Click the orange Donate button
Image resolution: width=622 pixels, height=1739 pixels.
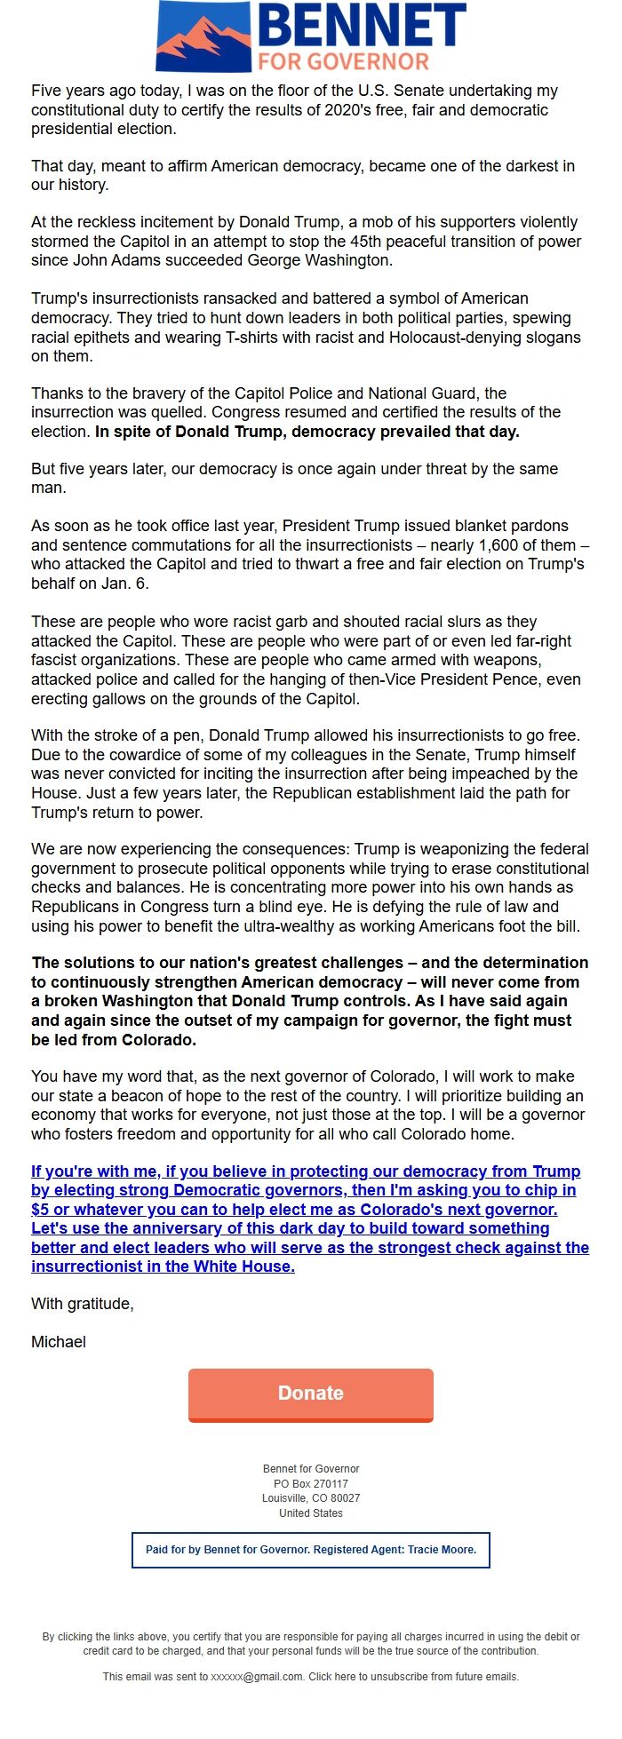(311, 1394)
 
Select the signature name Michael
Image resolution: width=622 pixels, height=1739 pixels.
(59, 1342)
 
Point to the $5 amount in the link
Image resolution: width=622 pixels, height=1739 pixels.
(40, 1210)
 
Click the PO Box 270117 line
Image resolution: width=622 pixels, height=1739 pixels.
(311, 1484)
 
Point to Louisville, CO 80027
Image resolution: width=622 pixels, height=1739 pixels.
(311, 1498)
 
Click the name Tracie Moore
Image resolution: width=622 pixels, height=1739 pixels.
(442, 1550)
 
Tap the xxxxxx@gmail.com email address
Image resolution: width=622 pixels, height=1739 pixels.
(257, 1677)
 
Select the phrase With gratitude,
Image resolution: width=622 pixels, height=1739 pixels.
(83, 1304)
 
